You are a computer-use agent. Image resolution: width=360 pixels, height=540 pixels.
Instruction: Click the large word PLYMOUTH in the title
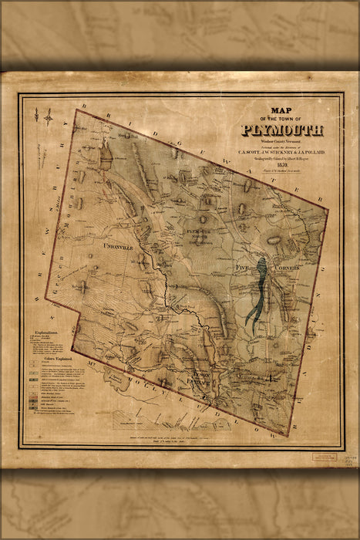(x=282, y=130)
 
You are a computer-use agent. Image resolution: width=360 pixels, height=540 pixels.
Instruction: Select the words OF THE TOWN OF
(x=282, y=119)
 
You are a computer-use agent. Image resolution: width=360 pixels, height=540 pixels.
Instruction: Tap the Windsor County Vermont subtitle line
(x=281, y=142)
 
